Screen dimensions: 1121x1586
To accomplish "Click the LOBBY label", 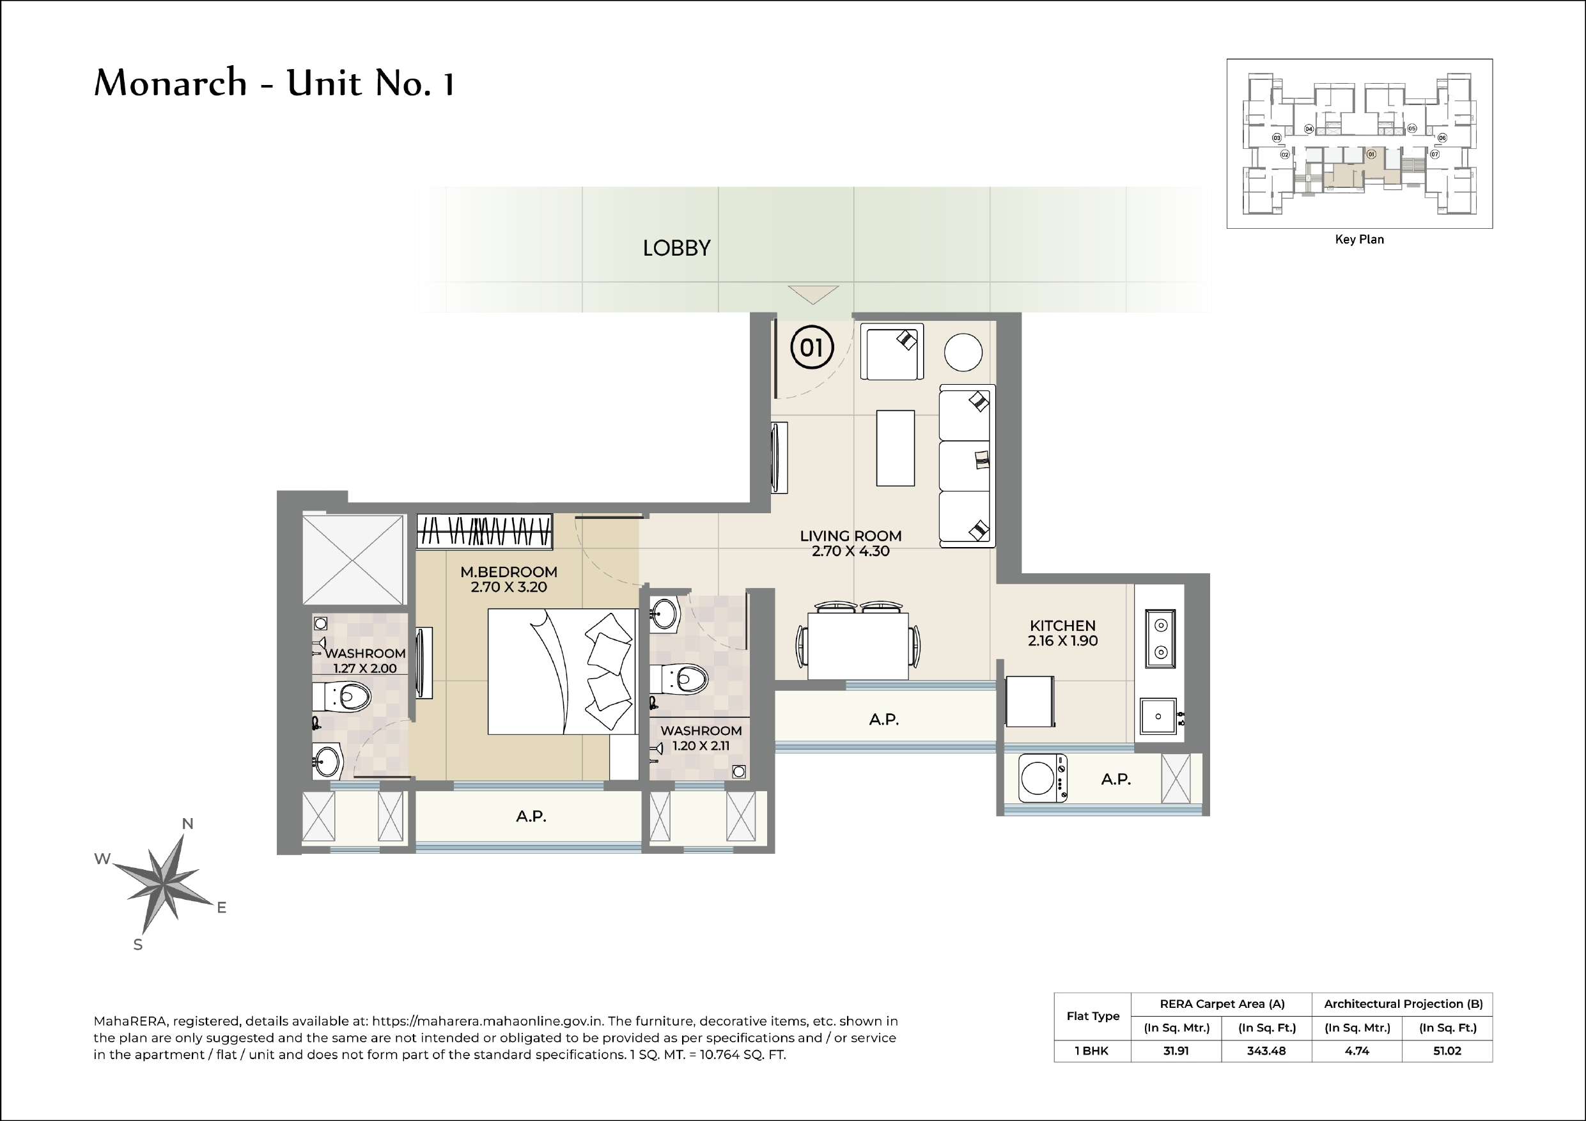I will (676, 249).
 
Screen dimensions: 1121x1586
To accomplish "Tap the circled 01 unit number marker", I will (812, 347).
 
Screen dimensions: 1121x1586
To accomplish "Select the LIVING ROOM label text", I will (850, 536).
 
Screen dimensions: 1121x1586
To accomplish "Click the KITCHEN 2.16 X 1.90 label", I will (1062, 633).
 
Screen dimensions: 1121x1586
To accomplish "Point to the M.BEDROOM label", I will (508, 572).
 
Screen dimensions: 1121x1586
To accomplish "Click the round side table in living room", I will (963, 352).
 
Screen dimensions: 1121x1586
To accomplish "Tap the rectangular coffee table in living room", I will (895, 448).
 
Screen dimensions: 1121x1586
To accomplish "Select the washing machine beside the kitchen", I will (1043, 778).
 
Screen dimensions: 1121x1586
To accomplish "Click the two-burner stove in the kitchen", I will (1160, 638).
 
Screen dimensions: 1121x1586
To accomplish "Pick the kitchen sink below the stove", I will (1158, 716).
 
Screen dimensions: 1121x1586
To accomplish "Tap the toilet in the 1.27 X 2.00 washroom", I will (343, 697).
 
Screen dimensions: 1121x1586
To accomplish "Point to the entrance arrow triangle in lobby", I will (813, 293).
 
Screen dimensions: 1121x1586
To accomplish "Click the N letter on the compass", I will (187, 823).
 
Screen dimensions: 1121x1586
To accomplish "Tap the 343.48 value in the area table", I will (1266, 1051).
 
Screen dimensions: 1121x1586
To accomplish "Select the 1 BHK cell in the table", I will (1091, 1051).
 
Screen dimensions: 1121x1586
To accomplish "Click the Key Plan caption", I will (1358, 240).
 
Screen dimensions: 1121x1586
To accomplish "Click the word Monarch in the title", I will (170, 83).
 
